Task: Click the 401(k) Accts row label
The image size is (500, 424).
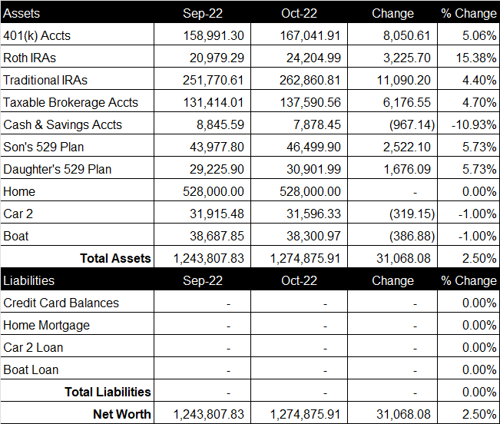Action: pos(37,35)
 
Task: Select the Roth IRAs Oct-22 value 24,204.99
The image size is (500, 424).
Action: pos(313,58)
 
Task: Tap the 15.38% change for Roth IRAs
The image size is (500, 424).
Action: pos(476,58)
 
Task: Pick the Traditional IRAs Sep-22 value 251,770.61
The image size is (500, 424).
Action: pos(214,80)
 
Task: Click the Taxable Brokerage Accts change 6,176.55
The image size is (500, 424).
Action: pos(407,102)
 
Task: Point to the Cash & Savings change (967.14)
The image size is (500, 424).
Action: pos(412,124)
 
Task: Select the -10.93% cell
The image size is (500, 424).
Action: pos(474,124)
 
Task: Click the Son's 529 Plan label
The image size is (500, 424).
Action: pos(43,147)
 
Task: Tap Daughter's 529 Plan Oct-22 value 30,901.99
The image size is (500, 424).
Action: pos(313,169)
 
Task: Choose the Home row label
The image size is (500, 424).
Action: pos(19,191)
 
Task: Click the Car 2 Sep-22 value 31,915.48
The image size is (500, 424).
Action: pos(217,214)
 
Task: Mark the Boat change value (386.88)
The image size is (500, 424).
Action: pos(412,236)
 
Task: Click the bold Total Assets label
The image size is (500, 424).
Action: pos(115,258)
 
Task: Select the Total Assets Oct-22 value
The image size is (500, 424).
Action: pos(306,258)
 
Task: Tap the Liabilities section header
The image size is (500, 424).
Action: pos(28,280)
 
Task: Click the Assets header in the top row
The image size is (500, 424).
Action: pos(22,13)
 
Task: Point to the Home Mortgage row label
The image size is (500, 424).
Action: pos(47,326)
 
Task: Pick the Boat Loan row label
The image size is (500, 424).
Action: pos(31,369)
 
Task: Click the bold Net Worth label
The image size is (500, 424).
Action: pos(122,414)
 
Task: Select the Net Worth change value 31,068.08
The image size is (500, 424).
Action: pos(403,414)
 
